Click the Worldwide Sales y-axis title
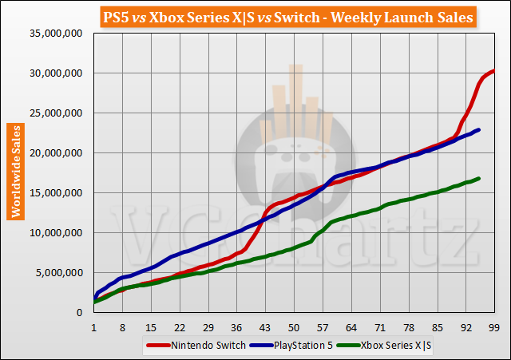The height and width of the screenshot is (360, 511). [15, 171]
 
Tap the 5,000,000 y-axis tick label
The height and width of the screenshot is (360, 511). [60, 273]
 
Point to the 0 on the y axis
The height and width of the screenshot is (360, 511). [81, 313]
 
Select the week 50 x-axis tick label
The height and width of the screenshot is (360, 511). [294, 327]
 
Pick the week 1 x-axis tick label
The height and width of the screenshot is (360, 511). [94, 327]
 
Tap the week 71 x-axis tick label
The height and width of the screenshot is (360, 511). [380, 327]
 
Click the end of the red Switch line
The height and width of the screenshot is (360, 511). [493, 71]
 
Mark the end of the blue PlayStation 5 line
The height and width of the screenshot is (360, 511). [478, 129]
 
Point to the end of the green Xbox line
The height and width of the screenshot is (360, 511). [478, 178]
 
